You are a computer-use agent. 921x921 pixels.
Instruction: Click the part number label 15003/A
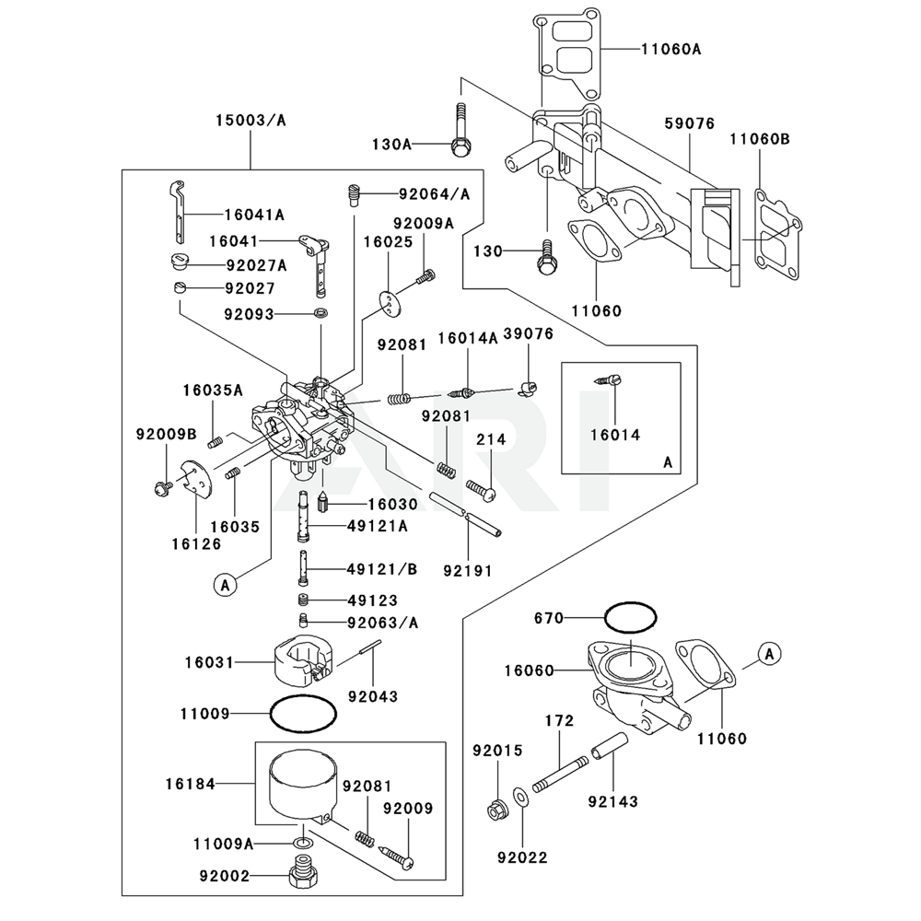(x=251, y=120)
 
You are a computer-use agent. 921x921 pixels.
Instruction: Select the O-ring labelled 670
(x=631, y=615)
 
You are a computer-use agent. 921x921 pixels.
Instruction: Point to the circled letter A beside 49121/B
(x=226, y=582)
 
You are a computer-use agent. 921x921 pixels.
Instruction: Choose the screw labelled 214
(x=481, y=489)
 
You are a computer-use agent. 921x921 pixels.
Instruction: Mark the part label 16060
(x=529, y=670)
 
